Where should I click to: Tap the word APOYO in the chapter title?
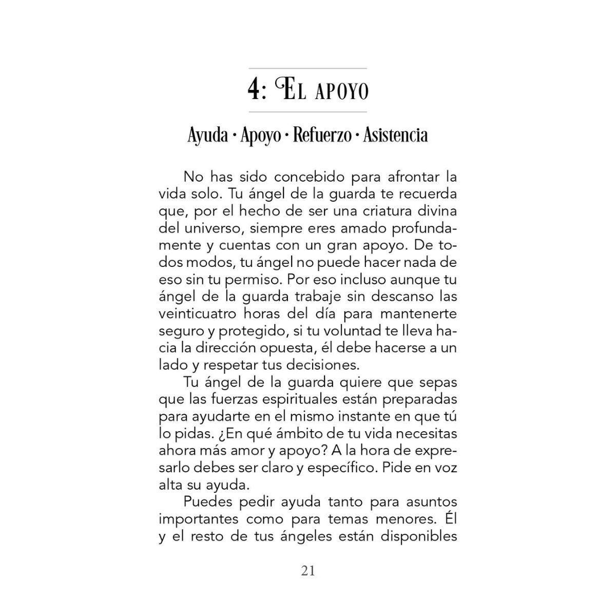(340, 92)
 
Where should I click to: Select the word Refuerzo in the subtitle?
(322, 136)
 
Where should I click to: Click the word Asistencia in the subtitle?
(395, 136)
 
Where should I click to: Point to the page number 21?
(308, 570)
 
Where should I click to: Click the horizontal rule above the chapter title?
(307, 68)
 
